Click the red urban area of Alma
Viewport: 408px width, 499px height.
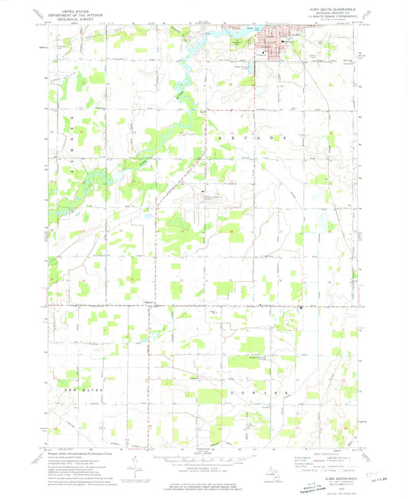[272, 38]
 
